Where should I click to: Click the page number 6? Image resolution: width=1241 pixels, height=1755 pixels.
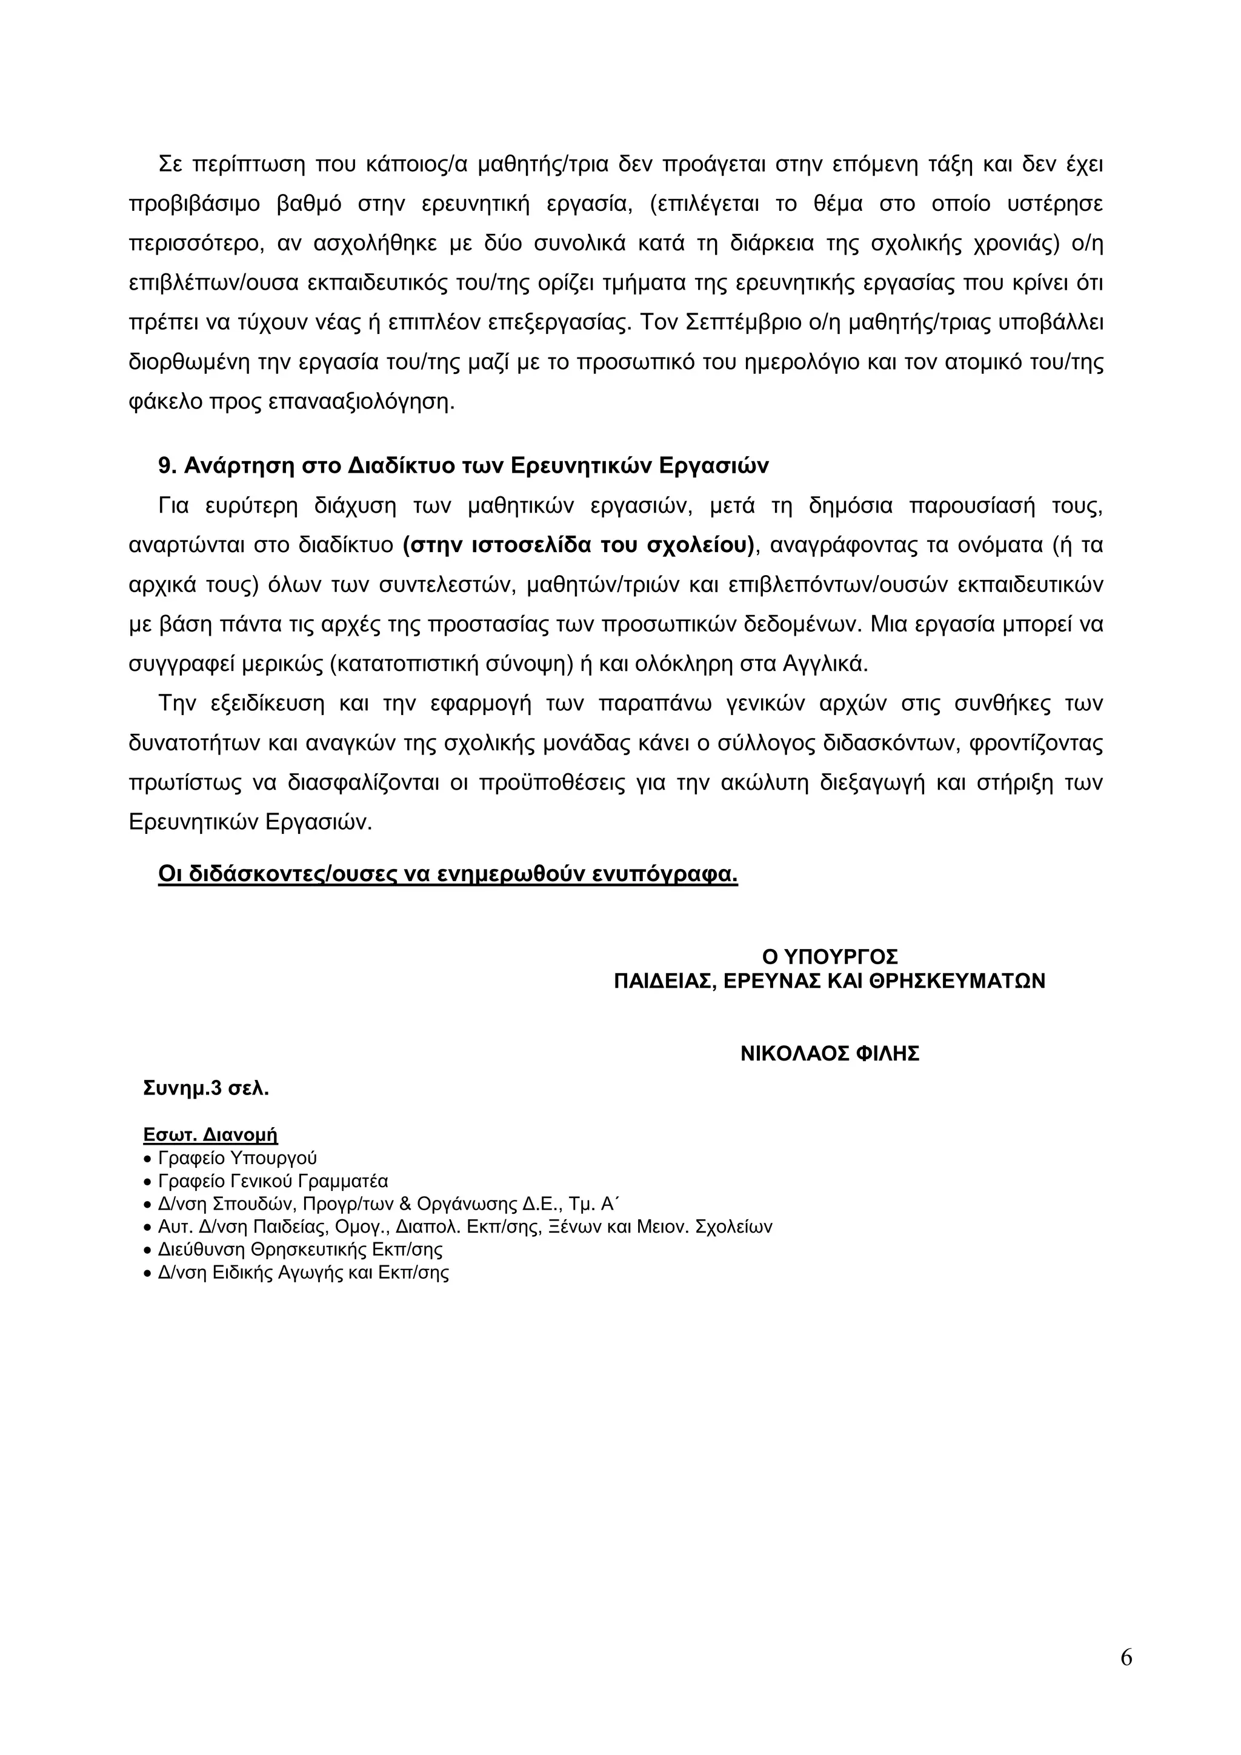tap(1126, 1658)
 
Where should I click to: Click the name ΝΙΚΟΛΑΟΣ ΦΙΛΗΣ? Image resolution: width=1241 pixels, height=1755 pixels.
tap(829, 1054)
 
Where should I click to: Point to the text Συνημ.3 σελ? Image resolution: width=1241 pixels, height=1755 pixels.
tap(205, 1088)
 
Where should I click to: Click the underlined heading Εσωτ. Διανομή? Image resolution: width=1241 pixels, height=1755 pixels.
tap(210, 1134)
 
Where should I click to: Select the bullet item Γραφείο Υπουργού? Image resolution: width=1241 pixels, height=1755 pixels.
tap(237, 1158)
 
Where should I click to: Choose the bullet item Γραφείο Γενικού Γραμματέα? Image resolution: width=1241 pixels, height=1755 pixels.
tap(273, 1181)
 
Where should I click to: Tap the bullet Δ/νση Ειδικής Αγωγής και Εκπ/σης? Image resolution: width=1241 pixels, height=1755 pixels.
tap(302, 1273)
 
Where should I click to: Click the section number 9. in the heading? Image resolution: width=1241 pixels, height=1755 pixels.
tap(167, 466)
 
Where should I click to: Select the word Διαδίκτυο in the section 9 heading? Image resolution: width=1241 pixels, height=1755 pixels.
tap(402, 466)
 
